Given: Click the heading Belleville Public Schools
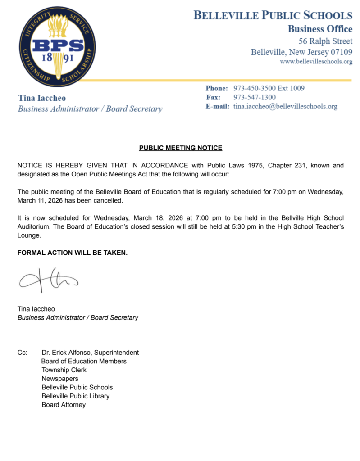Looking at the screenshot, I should click(273, 16).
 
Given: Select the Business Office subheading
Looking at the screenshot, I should click(320, 29).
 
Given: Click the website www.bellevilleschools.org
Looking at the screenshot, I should click(316, 61).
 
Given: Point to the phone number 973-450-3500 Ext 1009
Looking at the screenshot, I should click(269, 88).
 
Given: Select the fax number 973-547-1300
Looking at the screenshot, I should click(254, 97).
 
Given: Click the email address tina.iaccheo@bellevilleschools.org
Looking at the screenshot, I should click(285, 107).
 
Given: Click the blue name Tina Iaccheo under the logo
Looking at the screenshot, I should click(42, 98).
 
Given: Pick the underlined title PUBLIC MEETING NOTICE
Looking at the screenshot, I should click(180, 148).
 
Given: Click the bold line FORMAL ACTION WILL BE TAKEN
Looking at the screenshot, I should click(72, 253).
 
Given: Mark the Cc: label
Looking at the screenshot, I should click(23, 353).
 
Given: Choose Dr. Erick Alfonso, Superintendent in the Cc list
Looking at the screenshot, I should click(90, 353).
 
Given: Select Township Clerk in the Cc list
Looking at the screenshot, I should click(64, 370).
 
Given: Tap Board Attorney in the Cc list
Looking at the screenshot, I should click(64, 405).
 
